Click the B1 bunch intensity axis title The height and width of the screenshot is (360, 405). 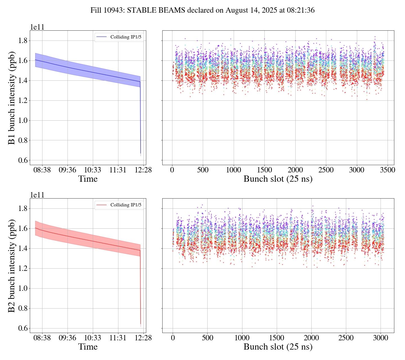[x=12, y=98]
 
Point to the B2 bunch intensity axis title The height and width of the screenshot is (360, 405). [x=12, y=265]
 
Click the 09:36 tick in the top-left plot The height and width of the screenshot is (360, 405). [x=67, y=170]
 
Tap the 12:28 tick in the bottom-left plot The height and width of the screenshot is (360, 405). [x=143, y=338]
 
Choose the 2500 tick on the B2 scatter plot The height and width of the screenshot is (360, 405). [x=346, y=338]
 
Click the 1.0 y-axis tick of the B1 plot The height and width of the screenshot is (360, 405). [x=23, y=120]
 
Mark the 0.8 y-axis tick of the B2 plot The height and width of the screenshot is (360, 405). [x=23, y=308]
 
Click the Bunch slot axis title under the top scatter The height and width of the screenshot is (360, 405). [x=278, y=179]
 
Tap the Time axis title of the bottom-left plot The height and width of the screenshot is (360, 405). [x=88, y=347]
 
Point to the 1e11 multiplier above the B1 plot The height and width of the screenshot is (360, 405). [x=37, y=27]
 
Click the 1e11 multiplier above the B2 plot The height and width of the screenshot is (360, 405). [x=37, y=195]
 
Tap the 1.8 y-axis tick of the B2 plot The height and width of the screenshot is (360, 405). [x=23, y=208]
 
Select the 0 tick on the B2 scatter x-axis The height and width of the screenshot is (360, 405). [x=173, y=338]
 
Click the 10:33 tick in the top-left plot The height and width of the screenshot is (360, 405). [x=93, y=170]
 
